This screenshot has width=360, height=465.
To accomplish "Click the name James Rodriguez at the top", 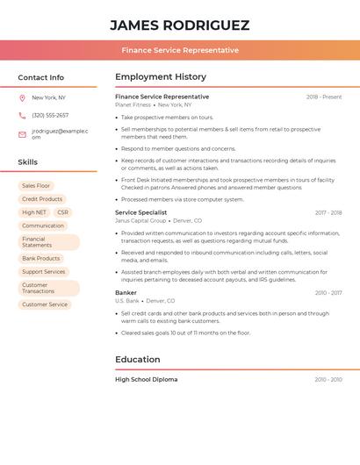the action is point(180,25).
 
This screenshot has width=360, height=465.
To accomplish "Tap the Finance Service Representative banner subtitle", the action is point(180,50).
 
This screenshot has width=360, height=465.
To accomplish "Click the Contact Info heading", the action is point(40,77).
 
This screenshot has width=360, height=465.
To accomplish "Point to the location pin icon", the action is point(22,97).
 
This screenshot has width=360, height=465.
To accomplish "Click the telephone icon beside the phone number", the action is point(22,115).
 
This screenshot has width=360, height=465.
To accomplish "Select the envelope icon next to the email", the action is point(22,134).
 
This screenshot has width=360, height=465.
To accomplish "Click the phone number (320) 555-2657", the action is point(50,115).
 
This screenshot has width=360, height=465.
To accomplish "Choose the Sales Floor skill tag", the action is point(36,186).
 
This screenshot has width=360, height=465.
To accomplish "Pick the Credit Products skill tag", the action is point(42,199).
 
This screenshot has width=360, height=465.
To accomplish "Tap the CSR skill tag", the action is point(62,212).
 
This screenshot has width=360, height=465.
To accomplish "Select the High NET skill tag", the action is point(34,212).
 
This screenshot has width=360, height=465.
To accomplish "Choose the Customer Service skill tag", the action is point(45,304).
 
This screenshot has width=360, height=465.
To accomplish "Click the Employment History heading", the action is point(161,77).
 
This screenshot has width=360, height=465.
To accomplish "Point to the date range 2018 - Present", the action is point(324,97).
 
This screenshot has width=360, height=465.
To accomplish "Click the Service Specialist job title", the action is point(140,212).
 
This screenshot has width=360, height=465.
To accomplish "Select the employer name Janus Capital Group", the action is point(140,221).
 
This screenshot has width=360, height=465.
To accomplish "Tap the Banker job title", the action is point(126,292).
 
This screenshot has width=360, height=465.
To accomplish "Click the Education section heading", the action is point(137,359).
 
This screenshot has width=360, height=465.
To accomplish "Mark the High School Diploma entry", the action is point(146,379).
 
